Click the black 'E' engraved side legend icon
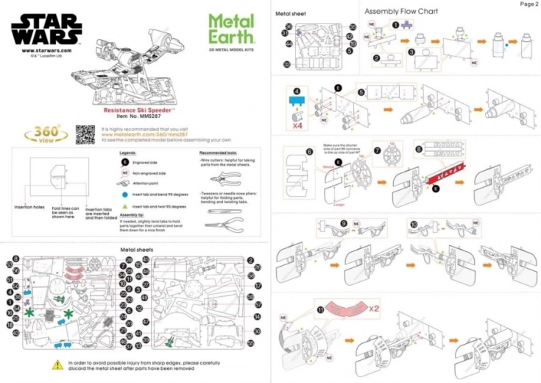[125, 160]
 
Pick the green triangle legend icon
[125, 205]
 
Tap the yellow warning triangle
[57, 364]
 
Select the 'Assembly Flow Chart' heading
[401, 12]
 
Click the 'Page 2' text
[528, 4]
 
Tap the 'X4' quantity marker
[297, 125]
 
